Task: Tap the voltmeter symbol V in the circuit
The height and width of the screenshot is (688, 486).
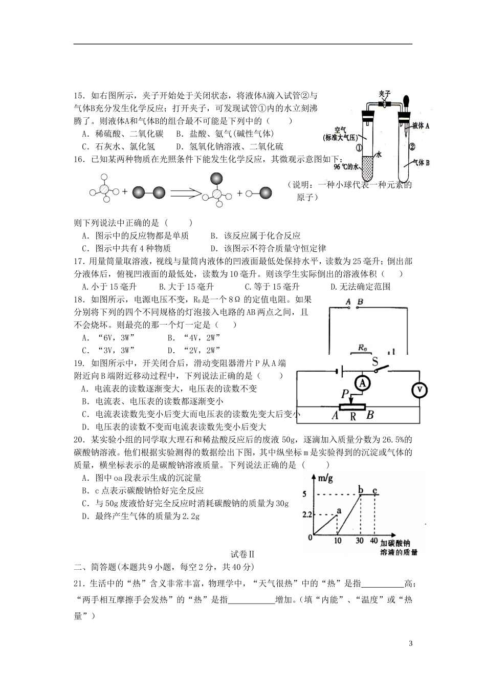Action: point(419,390)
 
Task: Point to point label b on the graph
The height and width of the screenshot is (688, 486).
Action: point(361,490)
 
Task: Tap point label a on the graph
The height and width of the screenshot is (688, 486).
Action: point(338,510)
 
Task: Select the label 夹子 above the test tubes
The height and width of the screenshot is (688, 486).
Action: point(385,94)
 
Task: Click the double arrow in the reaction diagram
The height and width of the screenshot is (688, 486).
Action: point(187,193)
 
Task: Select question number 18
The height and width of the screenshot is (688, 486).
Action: point(79,300)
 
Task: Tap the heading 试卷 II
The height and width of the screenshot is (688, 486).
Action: point(242,554)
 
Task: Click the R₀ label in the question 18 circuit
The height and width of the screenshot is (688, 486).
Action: point(362,348)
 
